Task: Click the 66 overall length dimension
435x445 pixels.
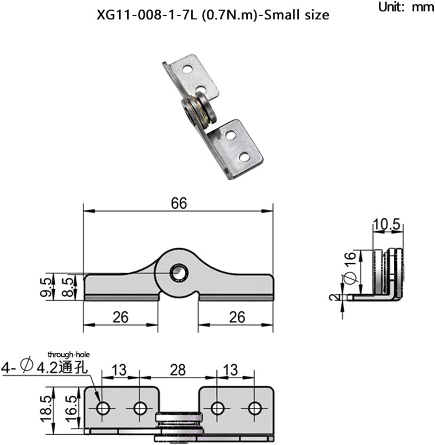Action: [x=179, y=203]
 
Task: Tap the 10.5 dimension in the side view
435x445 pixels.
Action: [x=386, y=224]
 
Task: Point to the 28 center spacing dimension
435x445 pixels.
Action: [x=178, y=370]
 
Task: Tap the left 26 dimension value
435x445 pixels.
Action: [x=120, y=317]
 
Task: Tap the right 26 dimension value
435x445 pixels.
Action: [x=237, y=317]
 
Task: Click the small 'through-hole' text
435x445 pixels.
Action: [x=68, y=354]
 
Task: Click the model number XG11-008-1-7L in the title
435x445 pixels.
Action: [x=147, y=15]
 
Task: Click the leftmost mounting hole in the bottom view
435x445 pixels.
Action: [x=103, y=408]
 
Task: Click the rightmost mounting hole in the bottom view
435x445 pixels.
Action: [x=255, y=408]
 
